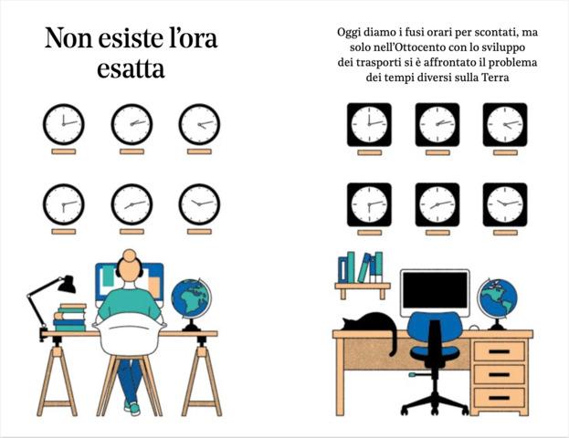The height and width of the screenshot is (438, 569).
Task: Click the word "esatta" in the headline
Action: pos(131,68)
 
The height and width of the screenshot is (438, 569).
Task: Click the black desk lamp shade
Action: pos(67,285)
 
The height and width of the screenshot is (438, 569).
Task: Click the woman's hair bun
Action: pos(129,255)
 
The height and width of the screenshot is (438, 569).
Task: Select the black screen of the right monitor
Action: pos(435,289)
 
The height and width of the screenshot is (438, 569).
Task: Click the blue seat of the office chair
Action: pos(435,352)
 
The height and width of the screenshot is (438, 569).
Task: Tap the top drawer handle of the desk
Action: pos(499,351)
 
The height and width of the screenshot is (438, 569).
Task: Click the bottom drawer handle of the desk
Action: pos(499,398)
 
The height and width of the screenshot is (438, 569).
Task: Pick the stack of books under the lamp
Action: pos(70,318)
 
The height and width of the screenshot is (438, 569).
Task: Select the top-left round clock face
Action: pos(64,124)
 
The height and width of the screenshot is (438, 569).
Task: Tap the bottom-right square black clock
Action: pos(505,204)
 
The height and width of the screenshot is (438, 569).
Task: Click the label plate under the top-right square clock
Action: pos(505,152)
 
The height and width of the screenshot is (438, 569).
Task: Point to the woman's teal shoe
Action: pos(133,408)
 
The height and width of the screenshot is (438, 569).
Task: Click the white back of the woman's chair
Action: pos(130,334)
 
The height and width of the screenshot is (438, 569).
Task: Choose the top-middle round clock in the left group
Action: pos(132,124)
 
